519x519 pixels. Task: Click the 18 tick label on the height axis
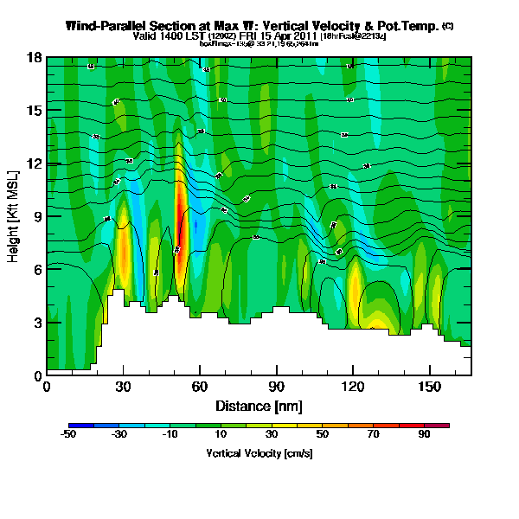[x=35, y=58]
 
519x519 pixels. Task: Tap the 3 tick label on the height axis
[x=37, y=323]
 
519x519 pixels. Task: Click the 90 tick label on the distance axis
[x=276, y=387]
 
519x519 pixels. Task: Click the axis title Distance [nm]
[x=259, y=405]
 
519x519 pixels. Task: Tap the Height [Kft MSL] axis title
[x=15, y=216]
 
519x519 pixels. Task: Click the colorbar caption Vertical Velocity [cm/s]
[x=259, y=452]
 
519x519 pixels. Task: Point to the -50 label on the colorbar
[x=69, y=435]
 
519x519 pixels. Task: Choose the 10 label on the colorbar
[x=221, y=435]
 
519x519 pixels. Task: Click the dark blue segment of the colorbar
[x=79, y=426]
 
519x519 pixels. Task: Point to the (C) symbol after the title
[x=447, y=26]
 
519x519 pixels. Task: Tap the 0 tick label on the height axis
[x=37, y=375]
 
